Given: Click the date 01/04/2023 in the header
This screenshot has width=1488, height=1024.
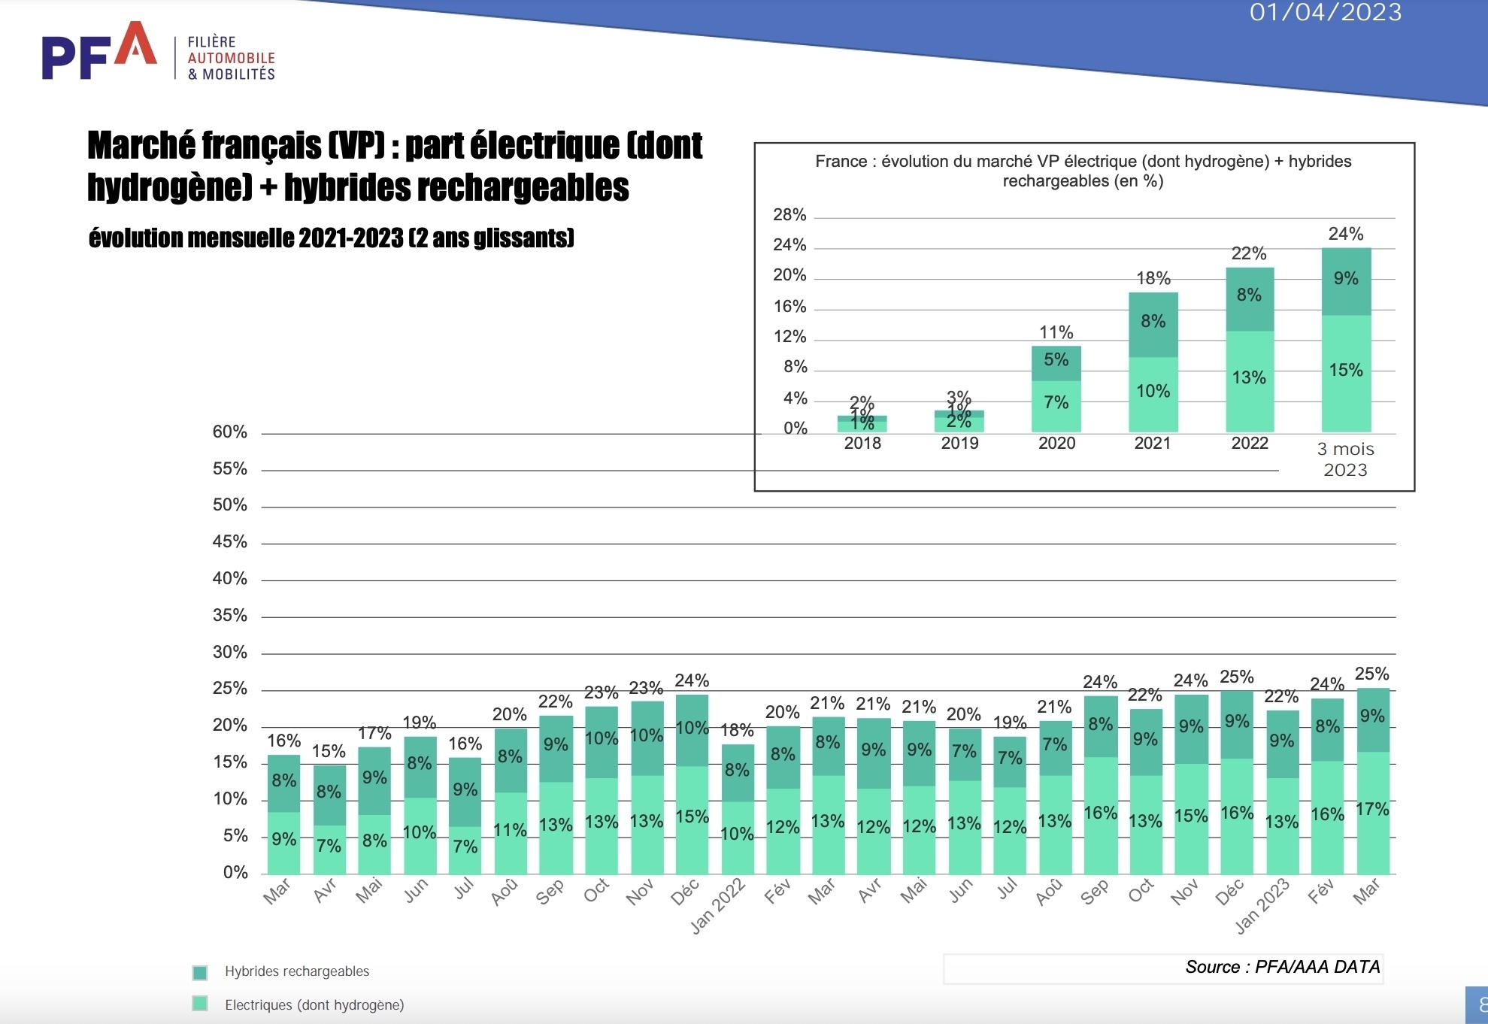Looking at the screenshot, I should coord(1325,12).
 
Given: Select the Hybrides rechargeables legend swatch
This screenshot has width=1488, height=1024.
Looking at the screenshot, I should coord(200,972).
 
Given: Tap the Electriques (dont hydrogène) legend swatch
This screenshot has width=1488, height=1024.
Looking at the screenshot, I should coord(200,1004).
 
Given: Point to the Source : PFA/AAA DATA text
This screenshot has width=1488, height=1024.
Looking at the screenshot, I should coord(1282,967).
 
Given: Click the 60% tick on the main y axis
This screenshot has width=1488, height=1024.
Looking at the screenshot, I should coord(229,432).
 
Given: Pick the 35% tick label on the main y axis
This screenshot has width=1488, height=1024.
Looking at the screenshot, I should coord(229,616).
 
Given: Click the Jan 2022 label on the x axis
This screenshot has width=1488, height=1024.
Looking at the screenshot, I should coord(718,906).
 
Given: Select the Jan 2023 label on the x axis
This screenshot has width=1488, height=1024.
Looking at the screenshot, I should coord(1262,906).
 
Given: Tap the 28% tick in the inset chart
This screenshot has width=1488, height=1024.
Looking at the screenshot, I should coord(789,215).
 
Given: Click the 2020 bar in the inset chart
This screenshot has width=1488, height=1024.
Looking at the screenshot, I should coord(1056,389).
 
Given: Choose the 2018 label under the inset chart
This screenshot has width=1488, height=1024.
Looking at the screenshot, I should coord(862,444).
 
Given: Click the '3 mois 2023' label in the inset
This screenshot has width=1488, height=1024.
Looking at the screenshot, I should coord(1345,459).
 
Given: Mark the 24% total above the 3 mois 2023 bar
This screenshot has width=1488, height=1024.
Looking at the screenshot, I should coord(1345,234).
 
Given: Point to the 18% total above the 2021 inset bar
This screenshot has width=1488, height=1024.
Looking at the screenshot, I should coord(1153,278).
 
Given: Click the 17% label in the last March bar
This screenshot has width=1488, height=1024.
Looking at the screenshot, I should coord(1372,810).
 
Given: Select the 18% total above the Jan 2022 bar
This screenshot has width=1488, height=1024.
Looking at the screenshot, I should coord(737,730).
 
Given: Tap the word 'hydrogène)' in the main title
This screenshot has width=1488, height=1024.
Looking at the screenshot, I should coord(169,188).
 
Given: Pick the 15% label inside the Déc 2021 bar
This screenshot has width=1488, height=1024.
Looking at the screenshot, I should coord(692,816).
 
